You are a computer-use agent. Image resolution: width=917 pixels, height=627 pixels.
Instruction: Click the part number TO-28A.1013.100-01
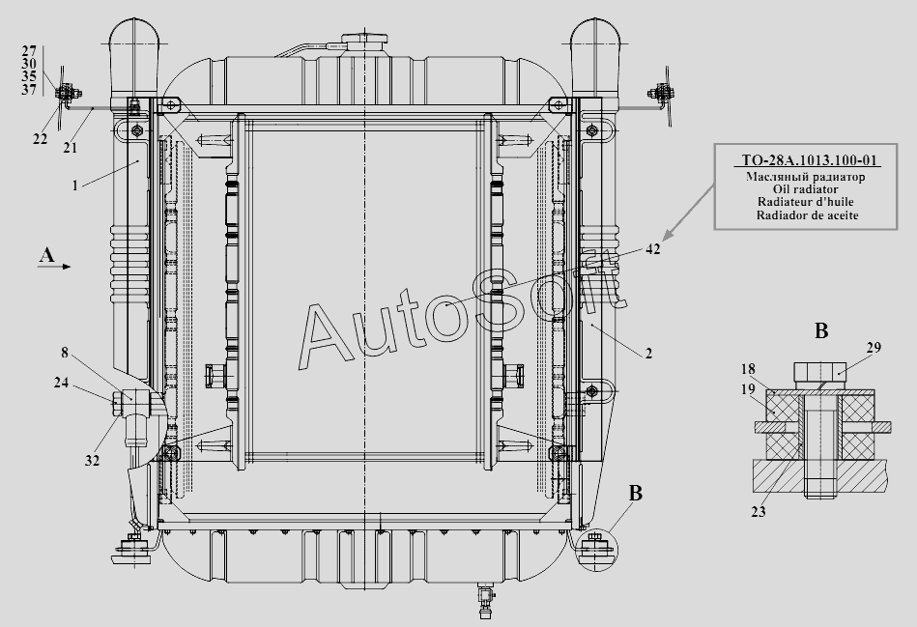click(x=810, y=160)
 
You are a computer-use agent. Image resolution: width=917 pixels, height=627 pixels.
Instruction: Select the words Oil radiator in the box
click(x=805, y=189)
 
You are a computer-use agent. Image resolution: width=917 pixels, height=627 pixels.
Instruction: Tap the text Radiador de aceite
click(x=807, y=215)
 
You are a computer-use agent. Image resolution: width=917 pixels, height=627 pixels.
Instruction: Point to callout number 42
click(x=652, y=249)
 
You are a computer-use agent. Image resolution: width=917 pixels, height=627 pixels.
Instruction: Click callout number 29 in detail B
click(x=874, y=348)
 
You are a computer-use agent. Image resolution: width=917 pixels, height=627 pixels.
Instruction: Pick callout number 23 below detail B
click(x=758, y=512)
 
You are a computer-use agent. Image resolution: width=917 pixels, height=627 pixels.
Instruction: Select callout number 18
click(x=748, y=369)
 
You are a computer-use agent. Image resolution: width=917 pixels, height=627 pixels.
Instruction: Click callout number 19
click(x=748, y=389)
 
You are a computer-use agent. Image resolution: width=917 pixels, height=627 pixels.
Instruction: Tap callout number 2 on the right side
click(x=648, y=354)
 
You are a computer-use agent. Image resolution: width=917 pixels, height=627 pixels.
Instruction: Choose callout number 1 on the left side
click(x=74, y=186)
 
